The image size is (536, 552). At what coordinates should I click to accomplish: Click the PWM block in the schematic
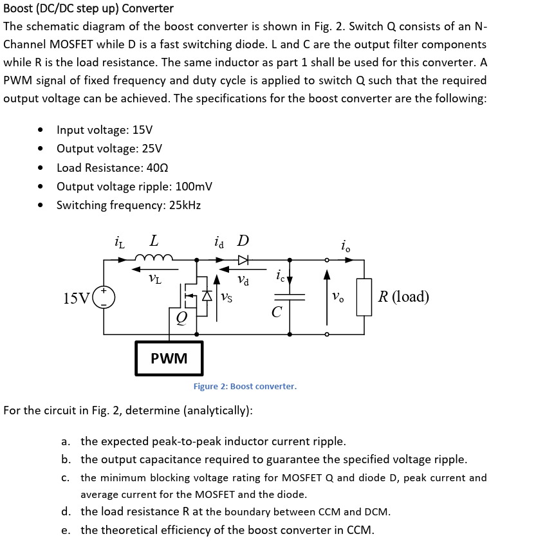169,358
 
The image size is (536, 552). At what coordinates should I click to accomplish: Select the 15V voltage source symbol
104,298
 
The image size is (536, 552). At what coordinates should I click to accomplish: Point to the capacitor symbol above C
289,298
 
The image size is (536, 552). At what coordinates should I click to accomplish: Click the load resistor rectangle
364,297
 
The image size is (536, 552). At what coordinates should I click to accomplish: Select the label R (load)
403,297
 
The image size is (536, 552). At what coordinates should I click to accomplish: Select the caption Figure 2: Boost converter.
245,386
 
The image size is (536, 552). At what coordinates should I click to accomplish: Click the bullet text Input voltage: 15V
104,129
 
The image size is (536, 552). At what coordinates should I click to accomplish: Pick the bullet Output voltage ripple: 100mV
134,187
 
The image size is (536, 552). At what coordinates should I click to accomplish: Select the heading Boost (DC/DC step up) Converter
89,8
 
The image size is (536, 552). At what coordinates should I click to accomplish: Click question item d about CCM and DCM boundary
235,511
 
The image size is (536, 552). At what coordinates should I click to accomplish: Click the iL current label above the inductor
120,243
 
